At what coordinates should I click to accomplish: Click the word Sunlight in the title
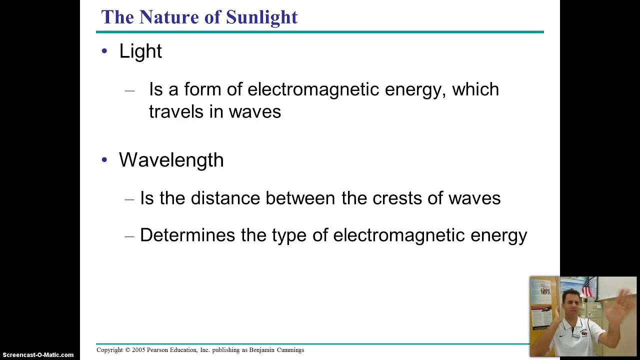261,17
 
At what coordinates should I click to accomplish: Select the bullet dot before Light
104,50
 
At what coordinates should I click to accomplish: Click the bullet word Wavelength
171,160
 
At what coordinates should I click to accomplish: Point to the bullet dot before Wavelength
104,160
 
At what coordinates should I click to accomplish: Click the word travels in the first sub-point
176,111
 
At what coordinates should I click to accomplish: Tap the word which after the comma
475,89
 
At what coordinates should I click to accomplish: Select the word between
300,198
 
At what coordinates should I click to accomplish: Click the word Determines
187,235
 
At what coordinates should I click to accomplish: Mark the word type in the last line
289,235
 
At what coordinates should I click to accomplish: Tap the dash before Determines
129,236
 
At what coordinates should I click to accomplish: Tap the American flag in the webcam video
586,288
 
